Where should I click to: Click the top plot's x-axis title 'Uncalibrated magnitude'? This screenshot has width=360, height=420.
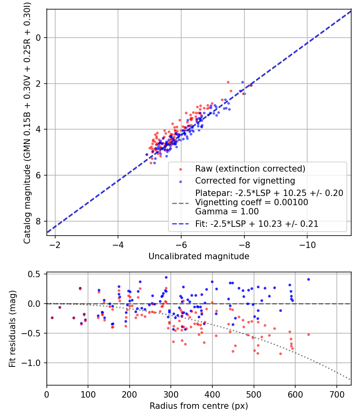199,256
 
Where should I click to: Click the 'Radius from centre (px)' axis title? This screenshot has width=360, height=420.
199,406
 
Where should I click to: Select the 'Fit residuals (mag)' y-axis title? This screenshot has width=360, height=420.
12,329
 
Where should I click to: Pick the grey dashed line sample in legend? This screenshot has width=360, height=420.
180,203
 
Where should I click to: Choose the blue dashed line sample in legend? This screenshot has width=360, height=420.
180,224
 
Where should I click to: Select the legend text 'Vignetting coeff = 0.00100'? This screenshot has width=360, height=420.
252,202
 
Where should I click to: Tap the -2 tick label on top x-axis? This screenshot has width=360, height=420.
55,245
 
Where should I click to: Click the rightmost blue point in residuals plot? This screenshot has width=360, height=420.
308,279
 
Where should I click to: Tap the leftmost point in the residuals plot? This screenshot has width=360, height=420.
52,318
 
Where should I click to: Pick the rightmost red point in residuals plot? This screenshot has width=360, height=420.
308,334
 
